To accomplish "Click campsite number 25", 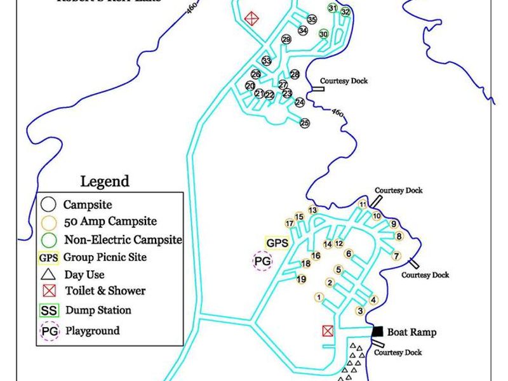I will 305,123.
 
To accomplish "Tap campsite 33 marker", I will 267,61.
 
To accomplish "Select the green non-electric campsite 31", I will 333,8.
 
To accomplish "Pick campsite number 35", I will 311,20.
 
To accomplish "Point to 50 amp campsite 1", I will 319,297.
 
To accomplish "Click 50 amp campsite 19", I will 302,279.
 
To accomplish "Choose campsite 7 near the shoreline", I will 396,256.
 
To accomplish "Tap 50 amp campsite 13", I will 312,210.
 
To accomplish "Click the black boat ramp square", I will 378,331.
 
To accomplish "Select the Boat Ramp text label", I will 411,332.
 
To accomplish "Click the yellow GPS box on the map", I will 277,243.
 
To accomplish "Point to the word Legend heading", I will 105,182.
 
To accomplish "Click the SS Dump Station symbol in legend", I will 49,311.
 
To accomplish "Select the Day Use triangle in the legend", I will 48,275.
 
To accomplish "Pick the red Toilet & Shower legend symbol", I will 48,291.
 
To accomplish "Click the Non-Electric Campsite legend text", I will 123,240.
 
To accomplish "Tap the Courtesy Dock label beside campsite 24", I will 344,81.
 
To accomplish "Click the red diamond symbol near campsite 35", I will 252,18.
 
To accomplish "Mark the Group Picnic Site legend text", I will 105,257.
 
